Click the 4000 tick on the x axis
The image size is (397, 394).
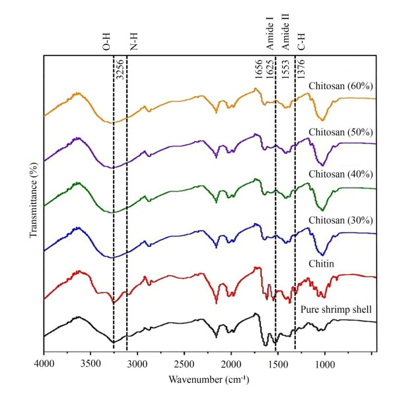click(44, 362)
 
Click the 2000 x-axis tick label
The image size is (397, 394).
click(231, 362)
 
